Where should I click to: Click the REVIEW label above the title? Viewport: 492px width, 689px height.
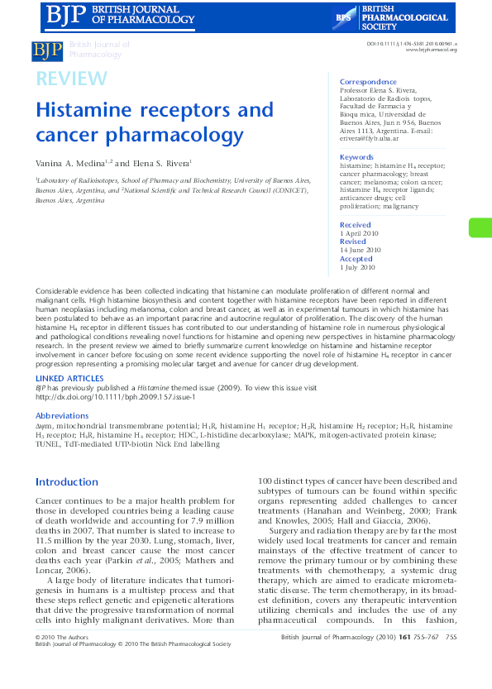(x=71, y=79)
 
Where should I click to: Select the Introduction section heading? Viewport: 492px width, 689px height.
(x=67, y=482)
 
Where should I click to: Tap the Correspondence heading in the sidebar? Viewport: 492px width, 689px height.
(x=368, y=82)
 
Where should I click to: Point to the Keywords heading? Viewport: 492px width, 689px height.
(x=356, y=157)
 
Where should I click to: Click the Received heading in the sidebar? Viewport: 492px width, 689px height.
(x=356, y=225)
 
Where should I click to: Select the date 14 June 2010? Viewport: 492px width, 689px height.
(x=361, y=250)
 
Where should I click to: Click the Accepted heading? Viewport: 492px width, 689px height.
(x=356, y=259)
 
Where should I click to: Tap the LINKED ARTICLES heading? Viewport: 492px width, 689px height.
(x=69, y=377)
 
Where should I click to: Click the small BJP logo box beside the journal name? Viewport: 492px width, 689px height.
(x=47, y=51)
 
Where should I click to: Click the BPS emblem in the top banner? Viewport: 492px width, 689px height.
(x=344, y=16)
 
